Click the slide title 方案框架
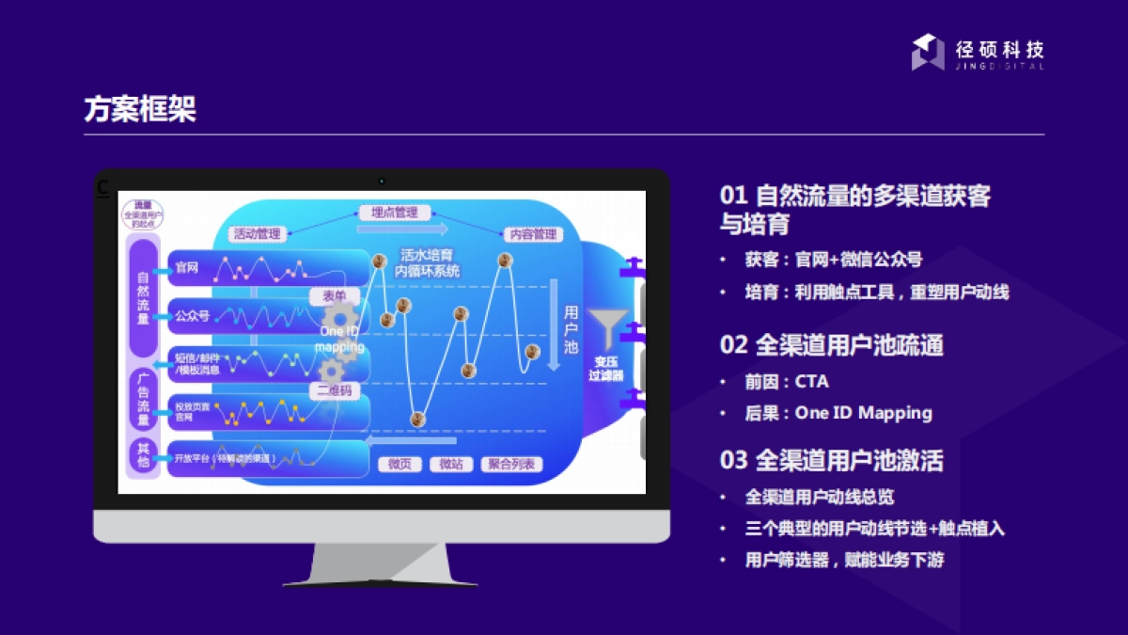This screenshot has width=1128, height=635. tap(140, 110)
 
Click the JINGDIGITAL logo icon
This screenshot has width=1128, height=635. tap(927, 52)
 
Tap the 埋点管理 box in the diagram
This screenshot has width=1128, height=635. tap(395, 213)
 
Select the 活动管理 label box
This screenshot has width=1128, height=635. tap(258, 234)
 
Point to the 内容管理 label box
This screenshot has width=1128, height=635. tap(532, 234)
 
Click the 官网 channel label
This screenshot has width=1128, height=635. tap(187, 268)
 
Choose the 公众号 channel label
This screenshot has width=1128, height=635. tap(192, 316)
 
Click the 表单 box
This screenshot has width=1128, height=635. tap(335, 296)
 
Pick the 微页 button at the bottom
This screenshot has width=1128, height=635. tap(400, 464)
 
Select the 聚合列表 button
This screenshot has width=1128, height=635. tap(512, 464)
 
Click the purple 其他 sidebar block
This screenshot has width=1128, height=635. tap(143, 456)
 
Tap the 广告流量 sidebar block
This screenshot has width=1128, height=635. tap(143, 400)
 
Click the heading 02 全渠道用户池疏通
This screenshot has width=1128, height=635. tap(831, 345)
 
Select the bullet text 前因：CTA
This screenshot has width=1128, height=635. tap(787, 382)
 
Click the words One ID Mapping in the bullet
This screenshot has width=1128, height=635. tap(863, 412)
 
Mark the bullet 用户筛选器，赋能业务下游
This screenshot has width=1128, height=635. tap(843, 560)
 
